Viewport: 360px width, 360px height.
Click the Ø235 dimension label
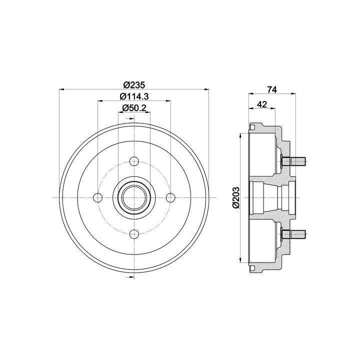click(134, 85)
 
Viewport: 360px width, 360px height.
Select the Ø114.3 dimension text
click(134, 96)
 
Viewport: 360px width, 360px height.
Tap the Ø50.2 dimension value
click(134, 107)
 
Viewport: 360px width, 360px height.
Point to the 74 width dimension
click(272, 89)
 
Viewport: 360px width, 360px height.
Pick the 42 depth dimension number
click(262, 104)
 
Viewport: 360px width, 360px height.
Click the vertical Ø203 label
click(236, 197)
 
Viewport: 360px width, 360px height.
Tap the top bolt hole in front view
click(134, 161)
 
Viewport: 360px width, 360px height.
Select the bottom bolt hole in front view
click(134, 234)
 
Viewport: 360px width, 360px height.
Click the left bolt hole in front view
click(98, 197)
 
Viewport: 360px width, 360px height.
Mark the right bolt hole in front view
click(170, 197)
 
